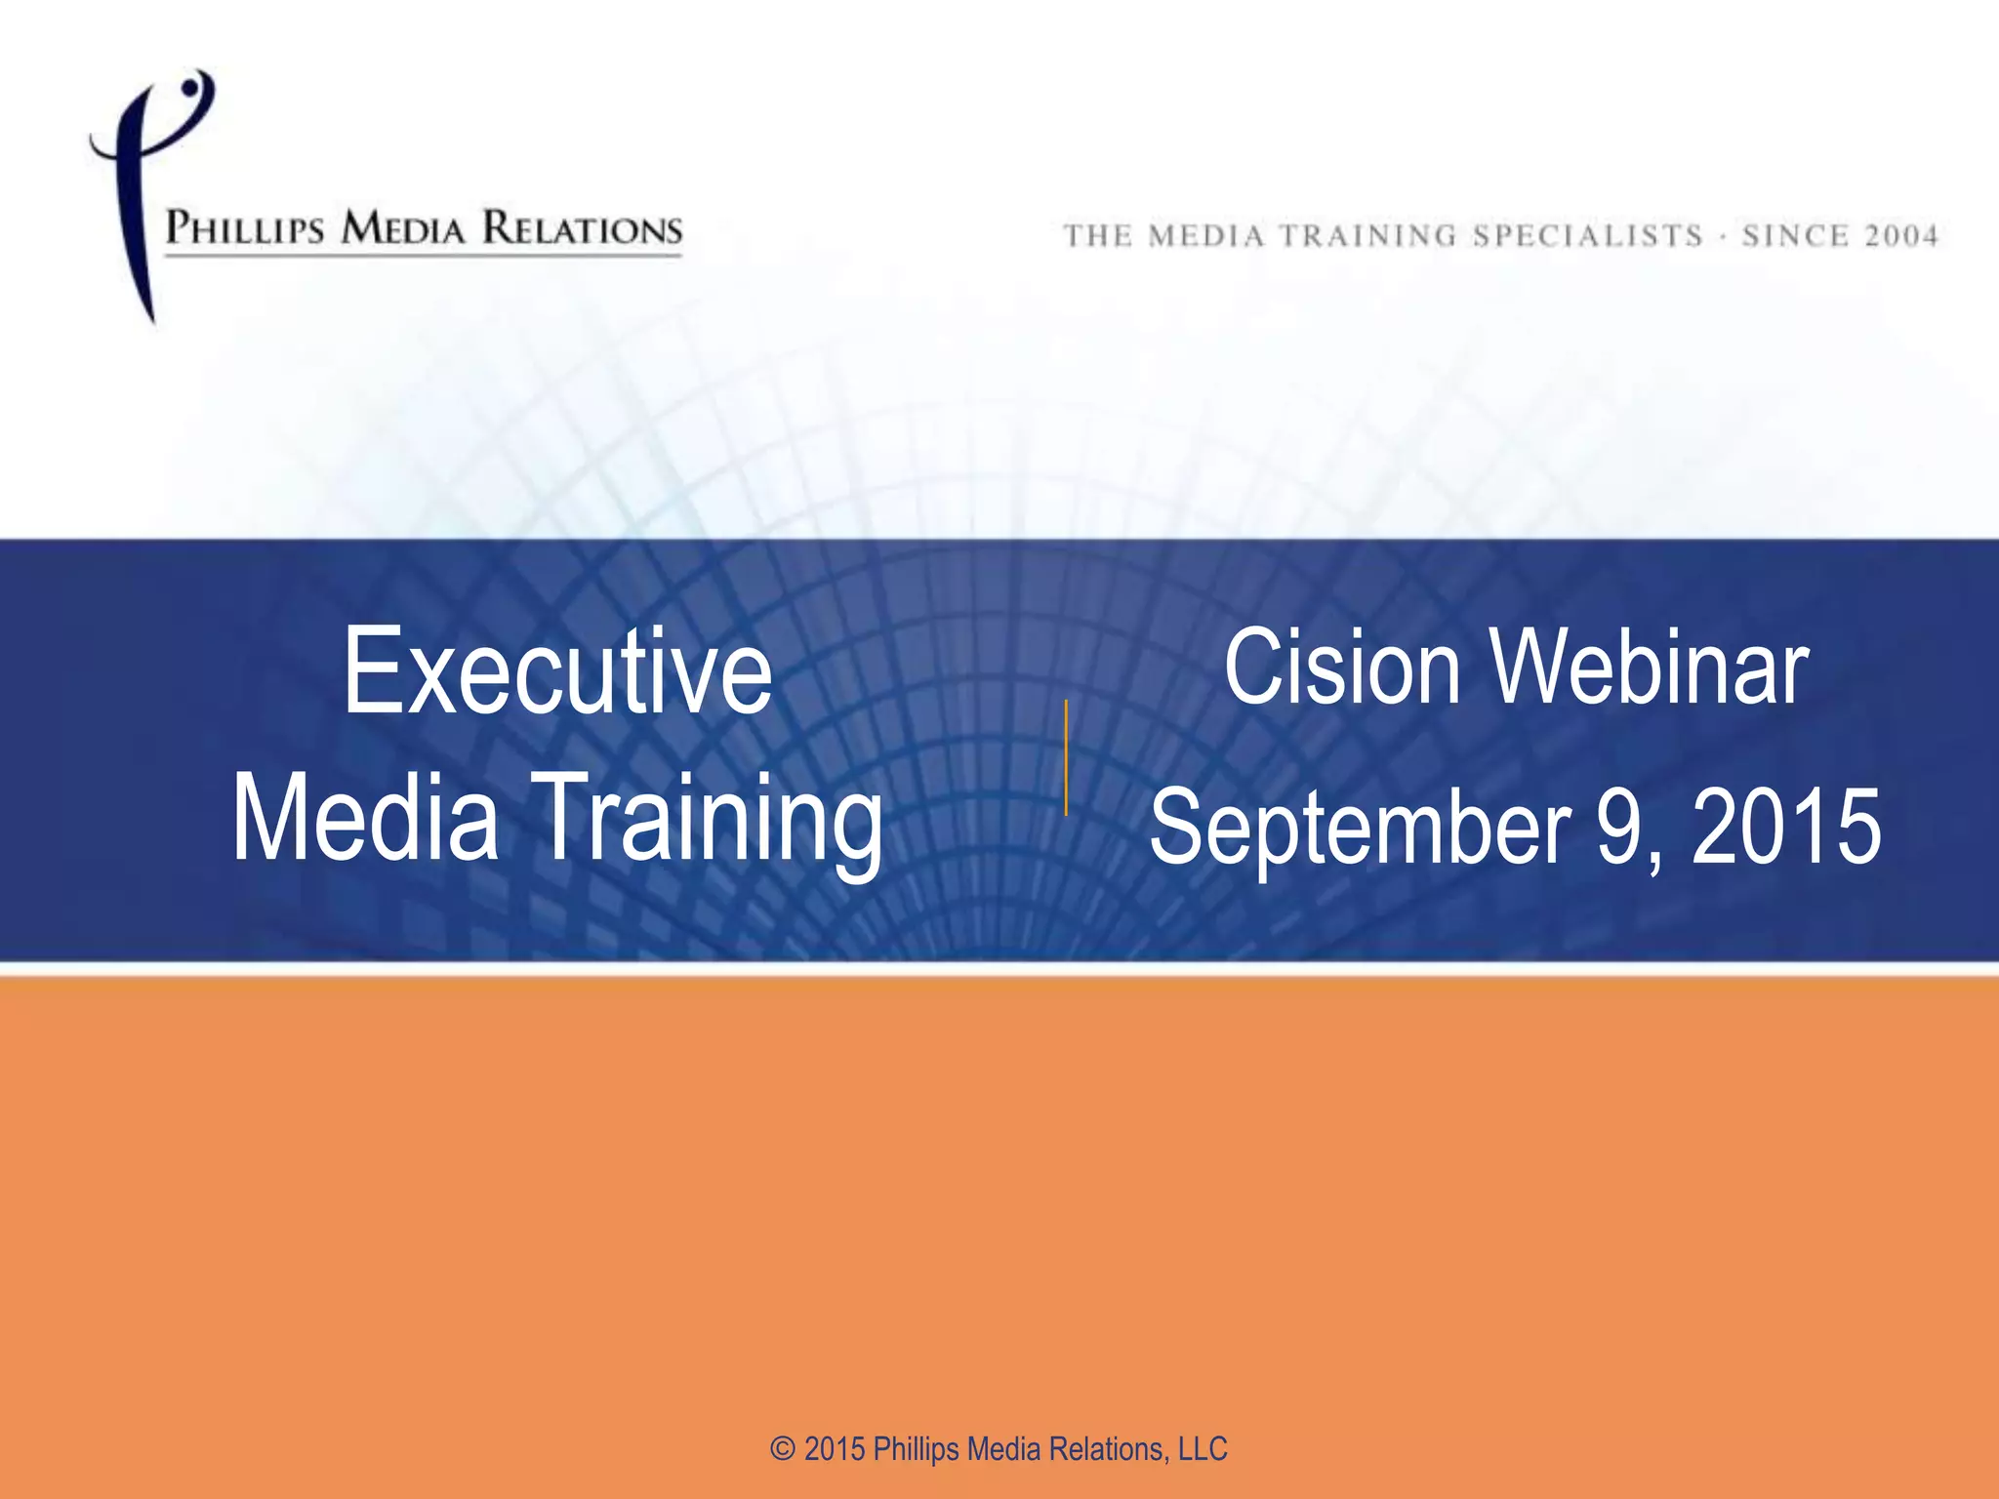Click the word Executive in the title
click(x=557, y=672)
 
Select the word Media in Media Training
click(x=365, y=818)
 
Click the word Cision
click(x=1341, y=668)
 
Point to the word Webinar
click(x=1650, y=668)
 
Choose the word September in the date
click(x=1360, y=828)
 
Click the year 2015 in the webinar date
click(x=1785, y=828)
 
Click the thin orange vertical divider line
click(x=1066, y=757)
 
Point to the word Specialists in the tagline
click(x=1588, y=236)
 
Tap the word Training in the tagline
click(x=1367, y=236)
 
